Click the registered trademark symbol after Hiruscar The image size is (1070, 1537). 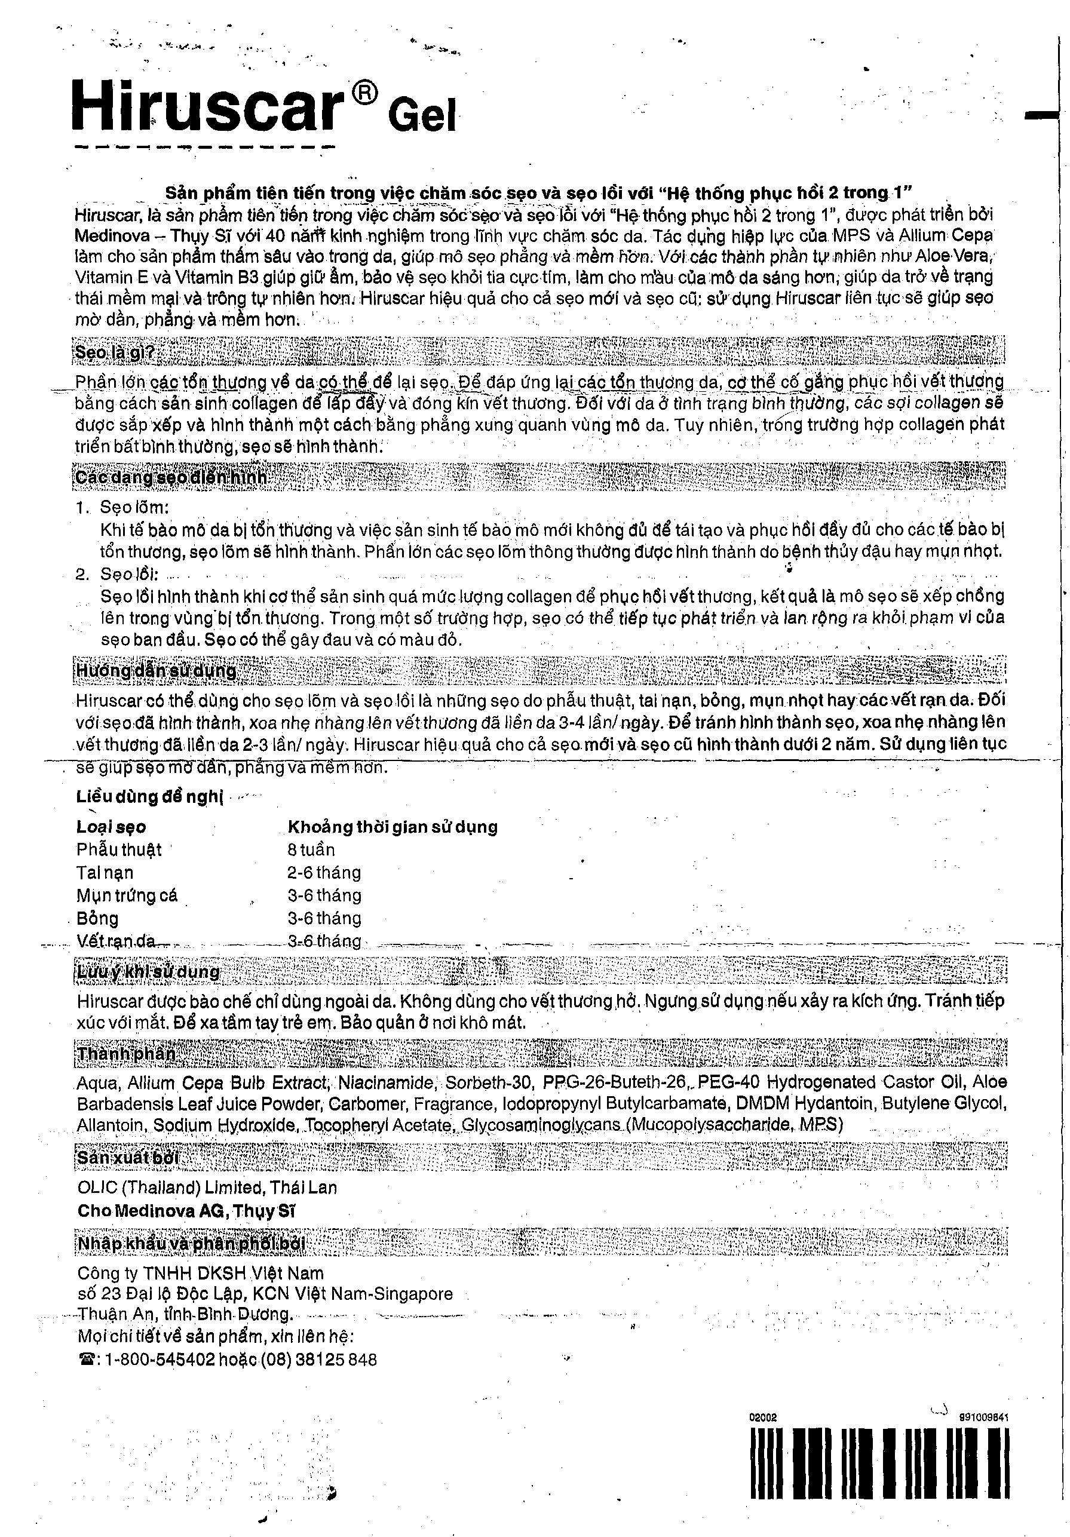pos(361,95)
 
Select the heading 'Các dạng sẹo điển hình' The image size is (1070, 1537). pos(171,477)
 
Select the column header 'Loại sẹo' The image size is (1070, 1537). pos(111,827)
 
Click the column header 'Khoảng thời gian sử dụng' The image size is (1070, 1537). pos(393,827)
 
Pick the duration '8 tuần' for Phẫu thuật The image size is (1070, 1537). pos(311,849)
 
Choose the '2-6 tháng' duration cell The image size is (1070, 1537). pos(324,872)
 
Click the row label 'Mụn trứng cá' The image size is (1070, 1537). pos(127,895)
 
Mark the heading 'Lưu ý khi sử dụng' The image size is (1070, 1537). pos(148,971)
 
